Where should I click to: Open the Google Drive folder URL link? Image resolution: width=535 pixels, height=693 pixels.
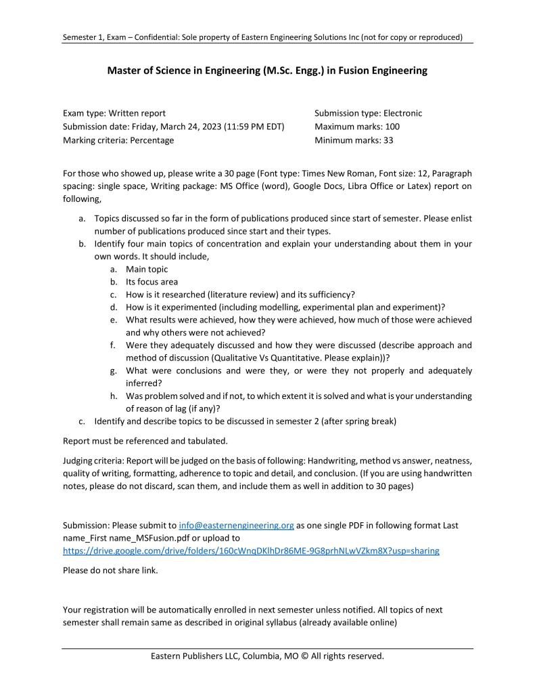coord(251,551)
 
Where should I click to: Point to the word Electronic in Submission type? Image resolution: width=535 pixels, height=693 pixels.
coord(402,113)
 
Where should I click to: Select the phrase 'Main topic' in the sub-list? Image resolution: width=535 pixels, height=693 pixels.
coord(147,269)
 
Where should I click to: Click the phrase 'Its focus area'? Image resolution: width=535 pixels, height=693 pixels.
coord(152,282)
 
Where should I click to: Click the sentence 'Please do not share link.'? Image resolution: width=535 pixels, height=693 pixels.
coord(110,570)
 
